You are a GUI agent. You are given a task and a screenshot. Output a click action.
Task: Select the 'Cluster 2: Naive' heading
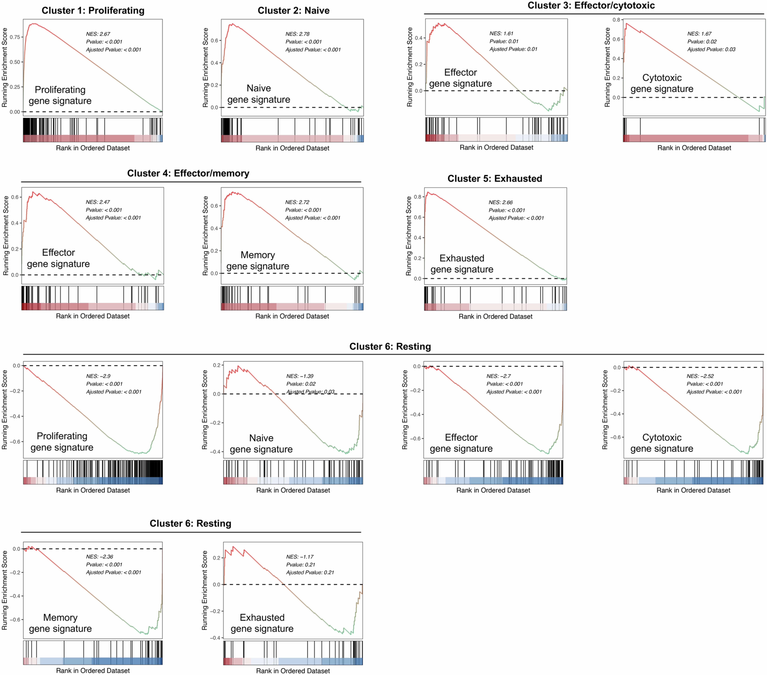click(x=293, y=10)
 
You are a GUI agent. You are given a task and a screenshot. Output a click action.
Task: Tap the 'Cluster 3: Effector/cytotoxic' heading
click(x=591, y=6)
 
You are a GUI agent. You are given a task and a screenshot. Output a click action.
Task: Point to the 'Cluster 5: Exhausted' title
click(x=495, y=179)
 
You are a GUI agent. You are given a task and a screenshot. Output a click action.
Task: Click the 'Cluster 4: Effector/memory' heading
click(x=188, y=173)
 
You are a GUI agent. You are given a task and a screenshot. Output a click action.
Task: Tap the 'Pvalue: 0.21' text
click(x=301, y=565)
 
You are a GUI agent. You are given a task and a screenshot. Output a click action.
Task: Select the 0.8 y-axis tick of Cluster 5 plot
click(x=417, y=197)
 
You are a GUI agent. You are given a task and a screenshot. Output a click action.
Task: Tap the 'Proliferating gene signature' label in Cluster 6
click(x=62, y=442)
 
